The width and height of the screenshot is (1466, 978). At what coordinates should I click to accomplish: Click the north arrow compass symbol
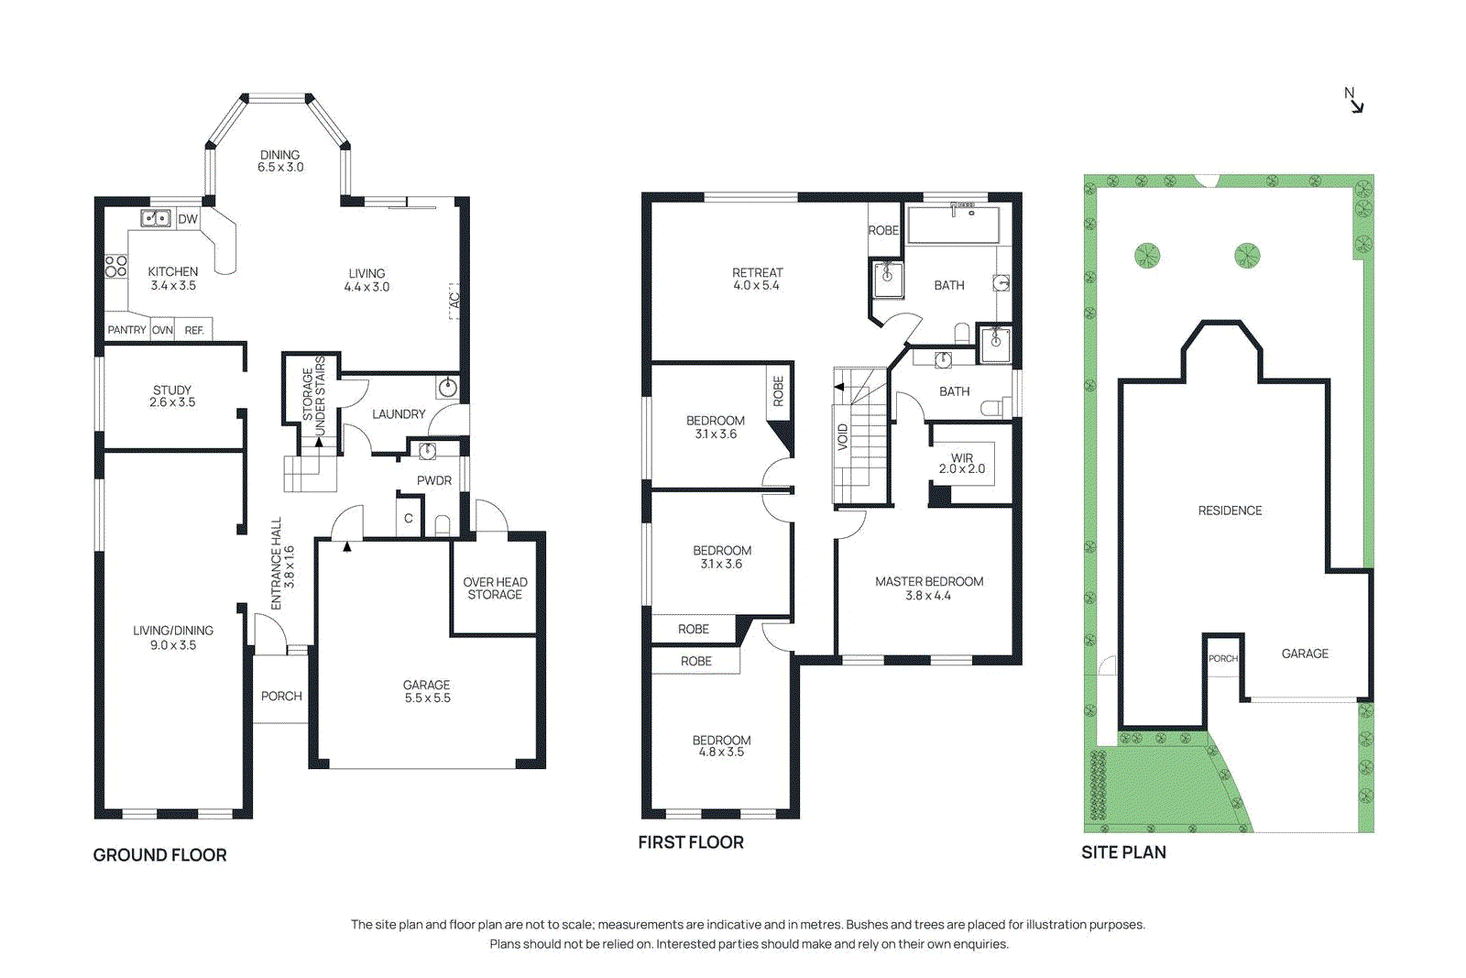1354,100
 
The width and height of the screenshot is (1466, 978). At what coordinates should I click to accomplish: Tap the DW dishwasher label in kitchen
188,219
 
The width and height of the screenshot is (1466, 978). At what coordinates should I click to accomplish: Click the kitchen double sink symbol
156,218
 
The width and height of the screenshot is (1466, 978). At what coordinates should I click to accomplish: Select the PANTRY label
126,330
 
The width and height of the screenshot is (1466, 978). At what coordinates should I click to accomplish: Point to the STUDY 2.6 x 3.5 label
172,396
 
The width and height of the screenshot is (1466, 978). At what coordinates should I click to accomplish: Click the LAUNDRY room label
399,414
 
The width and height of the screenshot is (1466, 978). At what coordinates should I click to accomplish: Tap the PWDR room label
434,480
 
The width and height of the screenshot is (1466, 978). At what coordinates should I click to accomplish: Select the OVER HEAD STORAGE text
495,588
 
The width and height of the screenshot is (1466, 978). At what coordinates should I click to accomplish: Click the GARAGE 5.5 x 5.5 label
427,691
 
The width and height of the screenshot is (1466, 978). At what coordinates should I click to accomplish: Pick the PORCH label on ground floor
281,697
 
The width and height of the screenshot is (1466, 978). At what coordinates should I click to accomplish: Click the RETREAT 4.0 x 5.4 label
757,279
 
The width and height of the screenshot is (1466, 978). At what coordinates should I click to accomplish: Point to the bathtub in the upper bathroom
953,225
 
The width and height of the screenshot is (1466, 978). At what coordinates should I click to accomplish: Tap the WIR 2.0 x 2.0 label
962,463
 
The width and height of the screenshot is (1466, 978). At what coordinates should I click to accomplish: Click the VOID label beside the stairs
843,436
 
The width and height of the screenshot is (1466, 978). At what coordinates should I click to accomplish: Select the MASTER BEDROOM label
929,588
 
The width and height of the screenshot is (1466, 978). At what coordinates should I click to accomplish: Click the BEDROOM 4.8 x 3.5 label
721,745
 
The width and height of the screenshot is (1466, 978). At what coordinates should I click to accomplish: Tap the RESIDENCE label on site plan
1230,511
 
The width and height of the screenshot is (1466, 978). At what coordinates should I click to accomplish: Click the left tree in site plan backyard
1147,256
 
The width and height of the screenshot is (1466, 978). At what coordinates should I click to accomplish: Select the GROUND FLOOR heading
159,854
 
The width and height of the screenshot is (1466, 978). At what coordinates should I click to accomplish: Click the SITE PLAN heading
1123,852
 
